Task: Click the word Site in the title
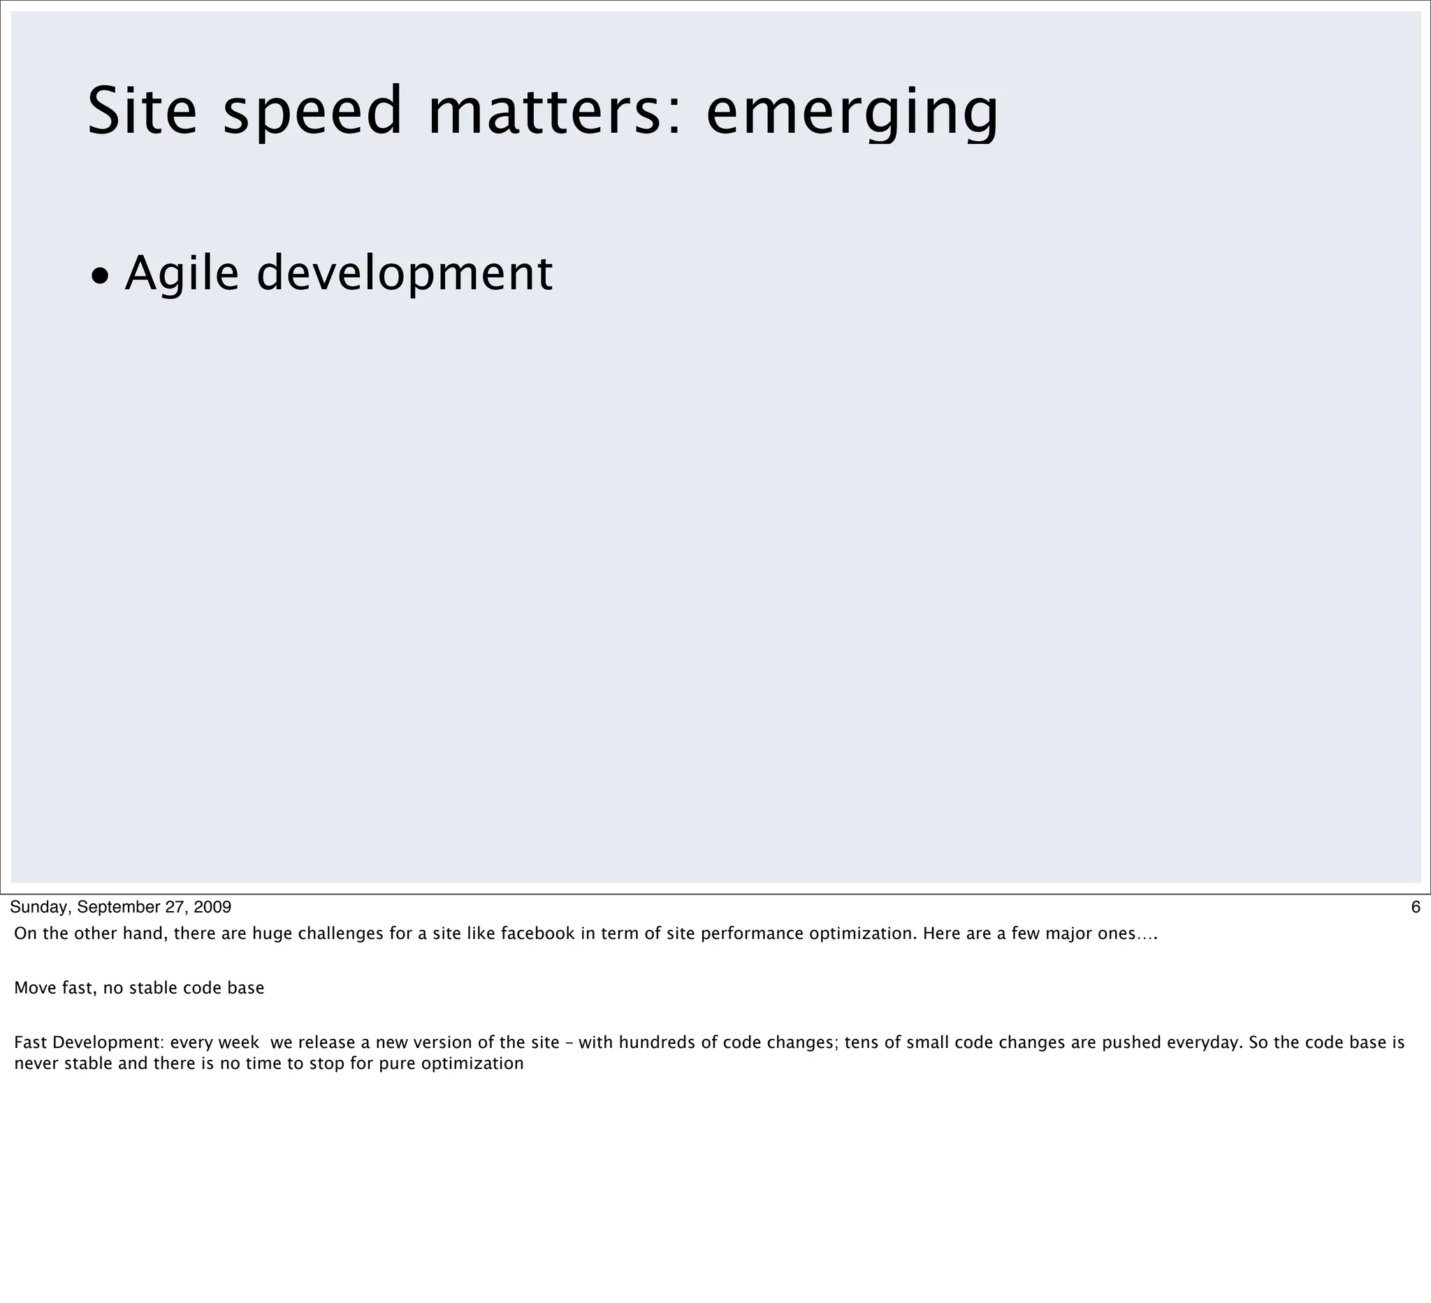142,111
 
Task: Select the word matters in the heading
554,111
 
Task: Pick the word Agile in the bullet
182,274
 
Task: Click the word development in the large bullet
404,274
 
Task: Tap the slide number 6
1416,907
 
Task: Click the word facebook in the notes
537,933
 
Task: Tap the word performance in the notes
753,933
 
